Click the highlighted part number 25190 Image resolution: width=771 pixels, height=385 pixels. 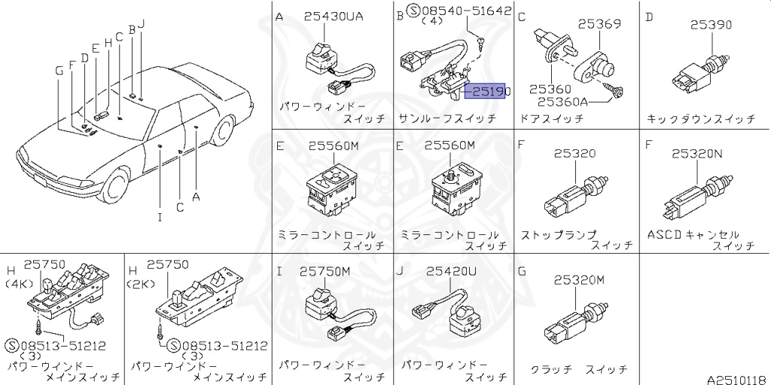point(488,91)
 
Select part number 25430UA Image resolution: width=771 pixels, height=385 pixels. point(334,17)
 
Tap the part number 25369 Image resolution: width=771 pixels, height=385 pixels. point(599,23)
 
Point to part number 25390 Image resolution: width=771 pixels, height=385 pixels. point(711,25)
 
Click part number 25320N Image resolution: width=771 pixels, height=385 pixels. point(697,154)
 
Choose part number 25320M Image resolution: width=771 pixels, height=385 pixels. point(579,280)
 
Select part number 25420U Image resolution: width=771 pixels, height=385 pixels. point(452,271)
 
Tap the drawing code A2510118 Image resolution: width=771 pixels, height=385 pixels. point(739,380)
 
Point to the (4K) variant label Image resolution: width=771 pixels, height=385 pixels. point(18,284)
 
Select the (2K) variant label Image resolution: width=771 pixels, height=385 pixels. point(141,284)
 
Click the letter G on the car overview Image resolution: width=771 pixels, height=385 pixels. point(59,72)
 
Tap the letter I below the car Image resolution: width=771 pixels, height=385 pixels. point(160,217)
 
